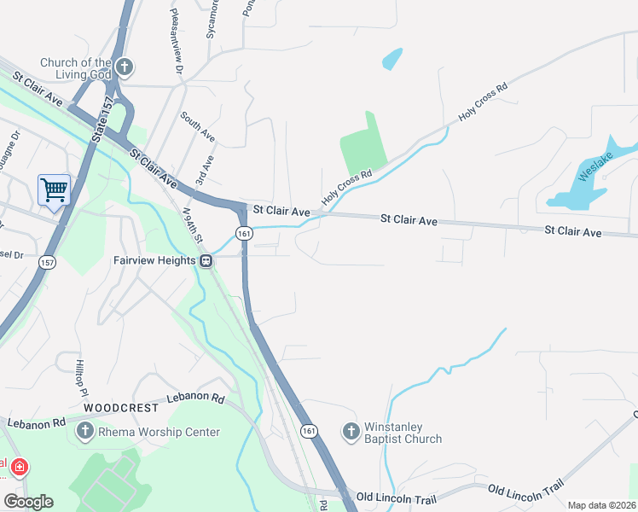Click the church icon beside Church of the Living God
tap(125, 67)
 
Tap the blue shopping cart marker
tap(54, 189)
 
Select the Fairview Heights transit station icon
tap(206, 260)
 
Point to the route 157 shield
tap(47, 264)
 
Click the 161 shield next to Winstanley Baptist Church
tap(309, 432)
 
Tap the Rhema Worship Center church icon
tap(84, 432)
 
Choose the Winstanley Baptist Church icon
tap(351, 432)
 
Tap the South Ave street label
tap(197, 125)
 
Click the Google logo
tap(28, 502)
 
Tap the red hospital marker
tap(19, 468)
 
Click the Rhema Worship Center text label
tap(159, 432)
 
